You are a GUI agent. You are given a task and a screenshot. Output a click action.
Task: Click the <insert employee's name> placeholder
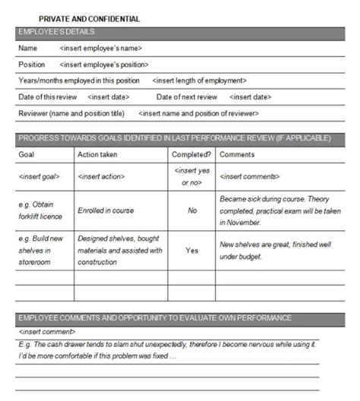coord(101,48)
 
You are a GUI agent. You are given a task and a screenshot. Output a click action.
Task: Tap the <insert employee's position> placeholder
coord(104,65)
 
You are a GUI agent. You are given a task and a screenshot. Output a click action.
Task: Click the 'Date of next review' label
coord(187,97)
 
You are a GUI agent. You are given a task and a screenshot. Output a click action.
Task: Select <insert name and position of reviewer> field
coord(198,113)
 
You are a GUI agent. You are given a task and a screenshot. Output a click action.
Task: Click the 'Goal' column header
coord(27,154)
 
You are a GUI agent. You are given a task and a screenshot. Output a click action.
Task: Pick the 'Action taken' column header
coord(96,154)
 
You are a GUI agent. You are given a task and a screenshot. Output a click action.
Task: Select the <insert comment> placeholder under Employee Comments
coord(47,332)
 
